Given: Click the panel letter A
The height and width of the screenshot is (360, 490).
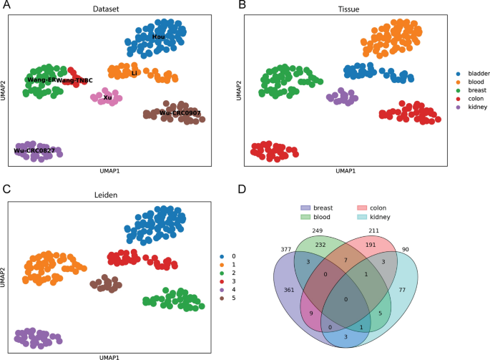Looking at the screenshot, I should pos(6,6).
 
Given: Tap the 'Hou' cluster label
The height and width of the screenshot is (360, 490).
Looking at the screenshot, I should pos(158,37).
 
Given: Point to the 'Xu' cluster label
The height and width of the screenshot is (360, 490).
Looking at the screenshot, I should pos(107,97).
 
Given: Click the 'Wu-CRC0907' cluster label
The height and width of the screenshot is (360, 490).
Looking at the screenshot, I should pos(180,113).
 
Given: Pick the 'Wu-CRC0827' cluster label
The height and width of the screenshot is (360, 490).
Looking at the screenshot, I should pos(34,151).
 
